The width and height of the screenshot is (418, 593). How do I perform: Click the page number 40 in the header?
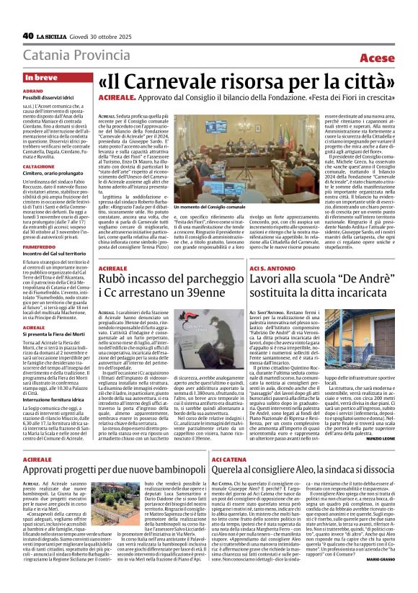tap(28, 35)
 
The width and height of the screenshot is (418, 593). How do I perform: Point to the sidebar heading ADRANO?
tap(32, 92)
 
